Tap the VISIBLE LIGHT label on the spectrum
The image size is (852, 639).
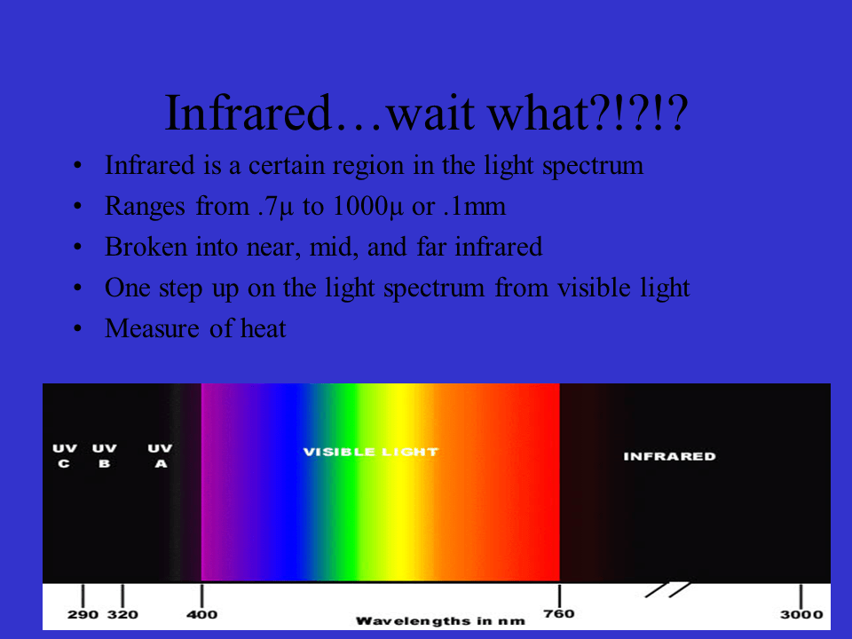tap(370, 452)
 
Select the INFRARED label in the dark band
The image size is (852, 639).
tap(669, 456)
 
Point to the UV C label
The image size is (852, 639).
tap(65, 456)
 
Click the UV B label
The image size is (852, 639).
tap(104, 456)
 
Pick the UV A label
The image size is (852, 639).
tap(160, 456)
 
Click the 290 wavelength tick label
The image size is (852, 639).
tap(83, 615)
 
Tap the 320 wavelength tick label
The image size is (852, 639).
tap(122, 615)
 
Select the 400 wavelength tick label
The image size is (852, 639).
tap(202, 615)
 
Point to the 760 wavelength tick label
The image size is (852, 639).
tap(559, 614)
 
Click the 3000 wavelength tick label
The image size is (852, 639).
tap(801, 615)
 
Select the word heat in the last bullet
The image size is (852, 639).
tap(263, 329)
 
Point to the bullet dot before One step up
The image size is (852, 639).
tap(79, 288)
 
